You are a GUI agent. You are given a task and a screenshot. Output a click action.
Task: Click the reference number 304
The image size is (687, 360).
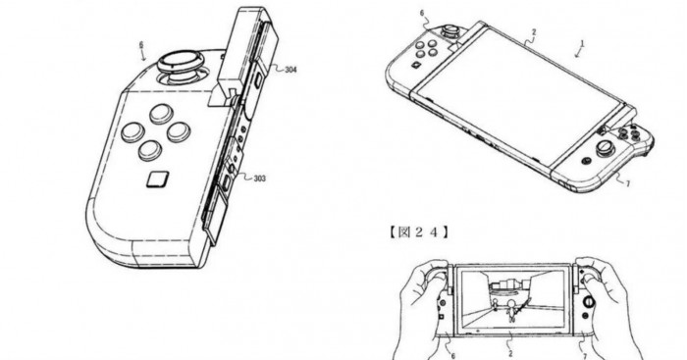click(291, 70)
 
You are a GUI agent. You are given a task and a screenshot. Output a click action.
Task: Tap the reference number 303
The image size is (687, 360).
click(259, 179)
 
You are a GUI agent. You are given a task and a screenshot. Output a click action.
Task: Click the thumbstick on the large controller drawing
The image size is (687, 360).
click(181, 67)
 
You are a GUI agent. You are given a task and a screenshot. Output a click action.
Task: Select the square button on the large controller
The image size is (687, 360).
click(158, 180)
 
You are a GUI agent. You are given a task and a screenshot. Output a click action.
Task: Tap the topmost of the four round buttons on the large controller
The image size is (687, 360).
click(161, 114)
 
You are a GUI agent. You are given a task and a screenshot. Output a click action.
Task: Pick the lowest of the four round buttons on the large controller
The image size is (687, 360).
click(150, 150)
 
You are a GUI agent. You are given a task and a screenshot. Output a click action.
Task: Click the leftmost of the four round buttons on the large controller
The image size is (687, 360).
click(132, 131)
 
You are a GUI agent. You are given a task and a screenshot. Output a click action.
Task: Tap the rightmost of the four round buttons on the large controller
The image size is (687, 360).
click(179, 131)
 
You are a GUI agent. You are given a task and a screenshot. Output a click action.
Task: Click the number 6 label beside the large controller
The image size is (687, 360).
click(141, 45)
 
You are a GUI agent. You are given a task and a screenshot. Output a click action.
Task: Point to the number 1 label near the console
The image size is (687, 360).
click(583, 43)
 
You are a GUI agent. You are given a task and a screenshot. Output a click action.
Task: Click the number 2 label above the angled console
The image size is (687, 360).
click(534, 32)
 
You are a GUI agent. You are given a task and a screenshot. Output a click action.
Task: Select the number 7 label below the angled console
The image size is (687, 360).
click(628, 184)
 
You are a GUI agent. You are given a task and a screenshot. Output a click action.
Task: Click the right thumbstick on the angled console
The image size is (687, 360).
click(605, 148)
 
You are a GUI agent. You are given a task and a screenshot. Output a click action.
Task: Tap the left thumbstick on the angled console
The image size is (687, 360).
click(449, 32)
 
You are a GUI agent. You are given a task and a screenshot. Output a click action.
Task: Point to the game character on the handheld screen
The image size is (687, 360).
click(510, 310)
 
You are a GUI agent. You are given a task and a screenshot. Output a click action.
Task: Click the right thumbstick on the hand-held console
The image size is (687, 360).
click(590, 301)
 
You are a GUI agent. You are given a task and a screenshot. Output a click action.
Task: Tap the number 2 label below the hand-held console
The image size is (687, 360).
click(511, 353)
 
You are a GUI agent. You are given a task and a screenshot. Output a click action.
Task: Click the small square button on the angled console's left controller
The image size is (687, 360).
click(415, 66)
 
